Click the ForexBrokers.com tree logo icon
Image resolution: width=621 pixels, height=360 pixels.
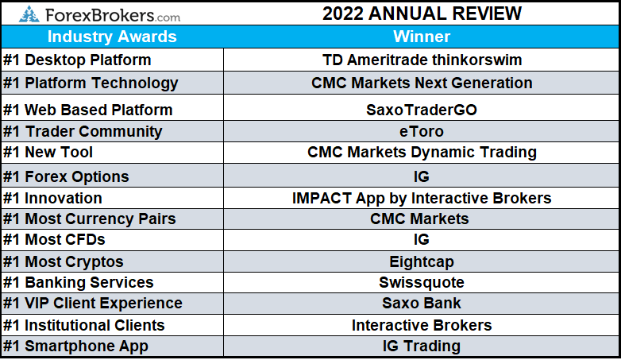29,14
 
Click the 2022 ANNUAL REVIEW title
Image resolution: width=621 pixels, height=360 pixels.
422,14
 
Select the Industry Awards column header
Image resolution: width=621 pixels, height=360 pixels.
112,37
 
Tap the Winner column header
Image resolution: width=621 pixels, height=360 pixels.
422,37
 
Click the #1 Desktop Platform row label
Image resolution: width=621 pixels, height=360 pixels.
77,60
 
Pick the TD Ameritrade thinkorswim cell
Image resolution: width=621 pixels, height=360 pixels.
422,60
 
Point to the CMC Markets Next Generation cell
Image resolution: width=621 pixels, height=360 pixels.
422,83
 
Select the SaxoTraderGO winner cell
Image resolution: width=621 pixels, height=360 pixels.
422,110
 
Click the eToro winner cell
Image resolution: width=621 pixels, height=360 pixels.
422,131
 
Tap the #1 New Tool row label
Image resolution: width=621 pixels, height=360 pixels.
48,153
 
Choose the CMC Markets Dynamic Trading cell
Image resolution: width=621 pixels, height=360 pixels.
422,153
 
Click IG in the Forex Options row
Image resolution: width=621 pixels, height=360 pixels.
422,176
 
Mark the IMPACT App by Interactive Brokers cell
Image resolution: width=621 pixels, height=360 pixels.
422,198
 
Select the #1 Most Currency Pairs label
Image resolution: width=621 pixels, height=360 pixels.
90,219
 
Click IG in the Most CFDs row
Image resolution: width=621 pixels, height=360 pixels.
422,239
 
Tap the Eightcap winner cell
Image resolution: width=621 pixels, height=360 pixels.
422,261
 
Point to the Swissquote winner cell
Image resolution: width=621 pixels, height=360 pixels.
422,282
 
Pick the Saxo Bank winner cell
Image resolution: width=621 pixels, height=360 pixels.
422,303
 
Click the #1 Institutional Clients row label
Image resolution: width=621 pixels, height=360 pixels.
84,325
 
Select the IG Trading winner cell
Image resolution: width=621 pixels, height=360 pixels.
422,346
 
